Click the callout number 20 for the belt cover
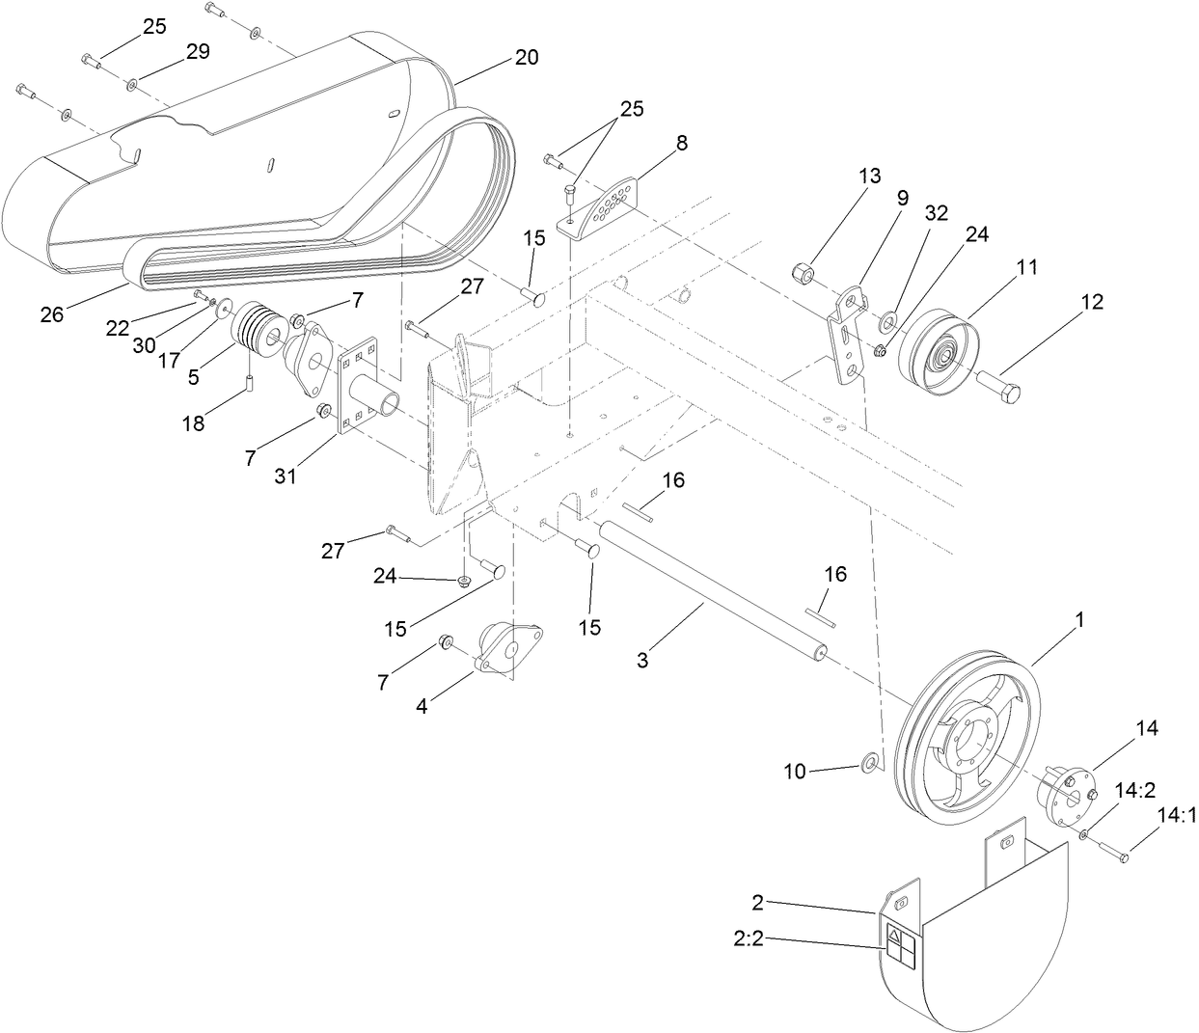click(x=527, y=56)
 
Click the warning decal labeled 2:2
click(x=901, y=944)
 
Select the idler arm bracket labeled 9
click(x=847, y=334)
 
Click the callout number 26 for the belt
click(x=51, y=314)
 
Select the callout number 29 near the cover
click(x=198, y=53)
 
